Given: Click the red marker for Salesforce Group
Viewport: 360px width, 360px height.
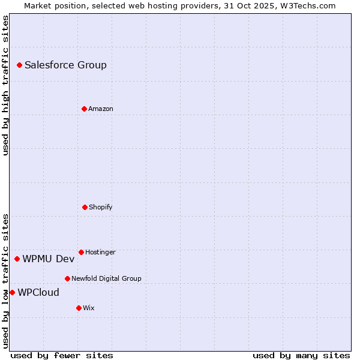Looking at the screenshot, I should click(x=19, y=65).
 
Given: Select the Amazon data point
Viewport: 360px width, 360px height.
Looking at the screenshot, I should click(x=84, y=109).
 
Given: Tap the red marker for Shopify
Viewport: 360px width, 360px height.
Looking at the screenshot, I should click(x=85, y=207).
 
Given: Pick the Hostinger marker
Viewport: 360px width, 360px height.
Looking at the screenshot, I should click(x=81, y=252).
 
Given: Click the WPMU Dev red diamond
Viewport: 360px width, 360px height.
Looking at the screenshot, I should click(x=17, y=259).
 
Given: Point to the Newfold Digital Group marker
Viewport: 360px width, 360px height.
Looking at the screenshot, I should click(x=67, y=278).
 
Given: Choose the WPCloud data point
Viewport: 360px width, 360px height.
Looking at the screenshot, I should click(x=12, y=292).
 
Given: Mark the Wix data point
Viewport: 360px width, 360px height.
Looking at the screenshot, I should click(x=79, y=308).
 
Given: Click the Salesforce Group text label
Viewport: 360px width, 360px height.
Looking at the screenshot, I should click(x=65, y=65).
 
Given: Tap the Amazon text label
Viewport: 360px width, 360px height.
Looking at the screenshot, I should click(x=101, y=109).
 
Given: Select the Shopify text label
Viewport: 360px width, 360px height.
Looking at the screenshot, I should click(x=101, y=207).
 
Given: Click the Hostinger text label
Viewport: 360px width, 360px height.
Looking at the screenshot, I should click(x=100, y=252).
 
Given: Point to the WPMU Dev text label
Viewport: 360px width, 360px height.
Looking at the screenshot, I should click(x=49, y=259).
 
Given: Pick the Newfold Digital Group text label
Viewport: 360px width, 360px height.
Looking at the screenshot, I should click(x=106, y=278).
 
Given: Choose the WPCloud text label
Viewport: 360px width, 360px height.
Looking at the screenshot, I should click(x=38, y=292).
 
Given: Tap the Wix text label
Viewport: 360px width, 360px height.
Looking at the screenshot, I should click(x=89, y=308).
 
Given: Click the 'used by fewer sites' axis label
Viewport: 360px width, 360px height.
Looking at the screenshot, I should click(x=62, y=355).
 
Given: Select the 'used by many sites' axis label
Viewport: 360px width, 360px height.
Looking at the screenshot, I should click(x=301, y=355).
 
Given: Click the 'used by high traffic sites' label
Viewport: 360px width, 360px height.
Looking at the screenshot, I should click(x=5, y=85).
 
